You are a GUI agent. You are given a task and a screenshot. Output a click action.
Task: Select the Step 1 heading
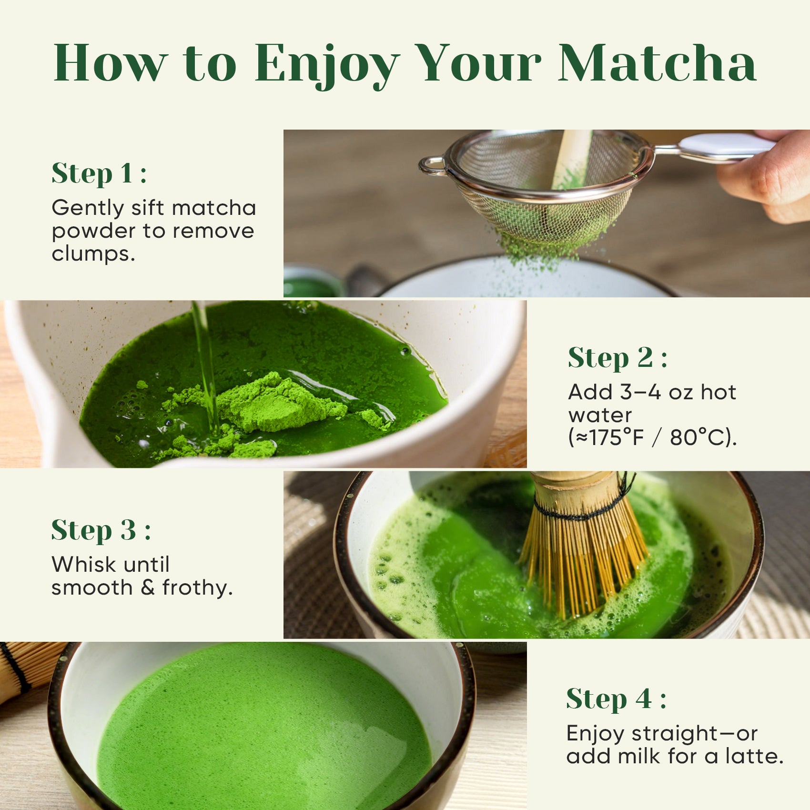coord(99,173)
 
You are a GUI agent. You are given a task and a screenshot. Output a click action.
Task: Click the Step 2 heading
coord(617,358)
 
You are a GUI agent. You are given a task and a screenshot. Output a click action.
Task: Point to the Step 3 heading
coord(101,530)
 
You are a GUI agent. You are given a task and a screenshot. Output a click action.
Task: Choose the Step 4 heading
coord(616,699)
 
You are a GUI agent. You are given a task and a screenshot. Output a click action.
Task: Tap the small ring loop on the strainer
coord(432,165)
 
